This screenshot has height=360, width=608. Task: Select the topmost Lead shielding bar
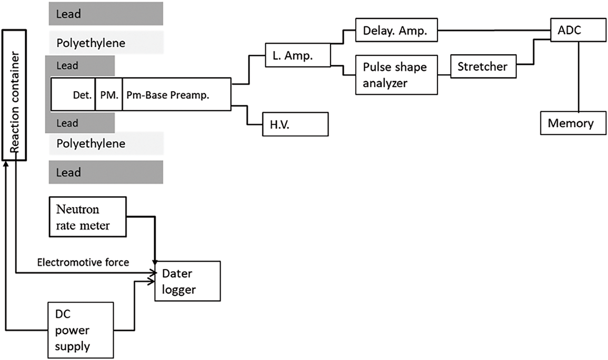(x=106, y=14)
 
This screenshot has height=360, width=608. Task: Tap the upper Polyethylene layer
(x=106, y=43)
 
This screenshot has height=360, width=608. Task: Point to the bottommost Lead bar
(x=106, y=173)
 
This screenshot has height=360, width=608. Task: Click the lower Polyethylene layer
(x=106, y=144)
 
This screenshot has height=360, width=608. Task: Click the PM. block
(x=108, y=95)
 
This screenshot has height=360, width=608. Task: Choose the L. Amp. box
(x=298, y=55)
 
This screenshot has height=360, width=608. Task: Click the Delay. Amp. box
(x=396, y=31)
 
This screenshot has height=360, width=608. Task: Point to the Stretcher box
(x=483, y=67)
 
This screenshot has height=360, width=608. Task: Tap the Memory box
(x=572, y=123)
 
